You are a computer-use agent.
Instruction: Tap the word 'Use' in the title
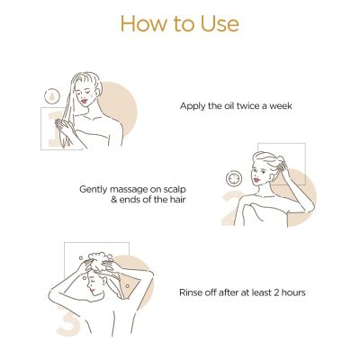[x=219, y=22]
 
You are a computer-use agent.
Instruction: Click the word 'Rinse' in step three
[x=193, y=292]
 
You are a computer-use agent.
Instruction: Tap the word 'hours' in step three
[x=295, y=292]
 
